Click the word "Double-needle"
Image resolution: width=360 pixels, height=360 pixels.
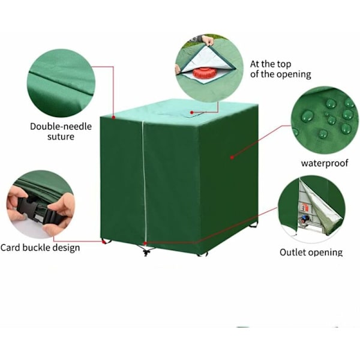[x=61, y=127]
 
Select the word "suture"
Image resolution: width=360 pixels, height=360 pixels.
[x=61, y=137]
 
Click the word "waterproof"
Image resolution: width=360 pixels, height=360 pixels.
[x=325, y=163]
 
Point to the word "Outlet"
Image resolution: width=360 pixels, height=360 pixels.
[x=293, y=253]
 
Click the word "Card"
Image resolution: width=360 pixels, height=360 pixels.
[x=10, y=248]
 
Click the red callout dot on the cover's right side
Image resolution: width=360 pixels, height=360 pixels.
[x=232, y=157]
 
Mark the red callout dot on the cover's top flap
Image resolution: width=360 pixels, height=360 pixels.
[x=192, y=113]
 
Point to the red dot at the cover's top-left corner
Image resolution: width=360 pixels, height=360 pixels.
[x=113, y=118]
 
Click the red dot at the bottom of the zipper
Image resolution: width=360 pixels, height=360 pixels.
[x=145, y=243]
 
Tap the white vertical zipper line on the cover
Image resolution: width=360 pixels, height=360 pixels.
[x=144, y=181]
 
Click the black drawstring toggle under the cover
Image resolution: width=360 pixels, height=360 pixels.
[x=146, y=253]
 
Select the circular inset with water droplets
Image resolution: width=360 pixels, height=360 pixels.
[x=325, y=121]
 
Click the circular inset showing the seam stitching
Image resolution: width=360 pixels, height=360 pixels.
[x=61, y=83]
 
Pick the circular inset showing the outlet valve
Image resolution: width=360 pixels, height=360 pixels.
[x=312, y=209]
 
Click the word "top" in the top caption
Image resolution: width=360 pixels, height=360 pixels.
[x=284, y=65]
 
